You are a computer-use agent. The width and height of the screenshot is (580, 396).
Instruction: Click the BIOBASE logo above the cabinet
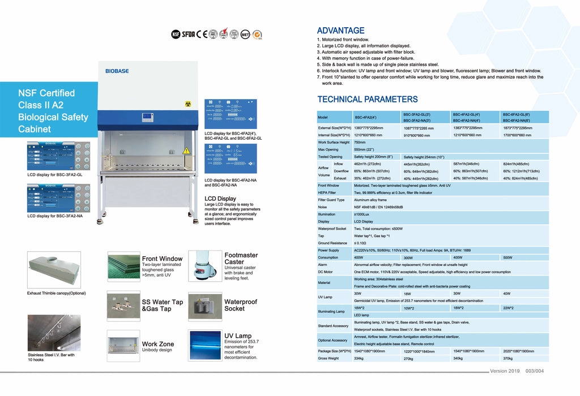coord(117,71)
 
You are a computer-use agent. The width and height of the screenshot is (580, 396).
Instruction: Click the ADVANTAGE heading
coord(340,31)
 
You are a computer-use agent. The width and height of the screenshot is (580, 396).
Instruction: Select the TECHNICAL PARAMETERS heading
coord(367,100)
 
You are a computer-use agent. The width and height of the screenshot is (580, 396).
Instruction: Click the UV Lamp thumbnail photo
coord(204,346)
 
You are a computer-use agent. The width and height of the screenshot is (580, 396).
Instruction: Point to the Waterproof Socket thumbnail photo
coord(204,306)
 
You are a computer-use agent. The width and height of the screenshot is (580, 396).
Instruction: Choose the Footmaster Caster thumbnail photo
coord(204,266)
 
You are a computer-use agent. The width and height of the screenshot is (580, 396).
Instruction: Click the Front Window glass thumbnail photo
coord(123,266)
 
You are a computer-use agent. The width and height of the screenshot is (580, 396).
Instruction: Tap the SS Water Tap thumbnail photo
coord(123,306)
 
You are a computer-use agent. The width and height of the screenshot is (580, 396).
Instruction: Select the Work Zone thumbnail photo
coord(123,346)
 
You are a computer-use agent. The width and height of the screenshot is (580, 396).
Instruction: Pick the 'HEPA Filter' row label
coord(327,192)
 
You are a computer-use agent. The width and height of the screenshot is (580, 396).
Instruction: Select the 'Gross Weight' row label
coord(328,358)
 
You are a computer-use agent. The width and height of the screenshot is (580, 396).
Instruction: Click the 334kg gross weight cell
coord(359,358)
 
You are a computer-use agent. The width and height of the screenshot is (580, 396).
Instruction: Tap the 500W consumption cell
coord(507,257)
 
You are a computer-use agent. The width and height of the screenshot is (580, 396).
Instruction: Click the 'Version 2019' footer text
coord(505,371)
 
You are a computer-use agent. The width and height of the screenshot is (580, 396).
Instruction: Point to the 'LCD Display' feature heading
coord(220,199)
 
